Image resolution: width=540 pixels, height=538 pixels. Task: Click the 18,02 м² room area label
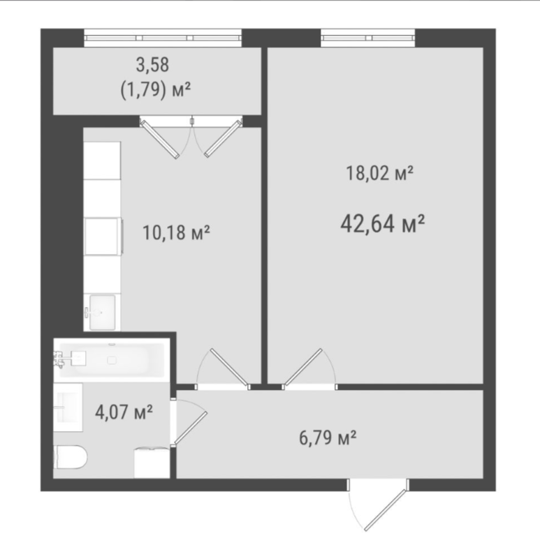click(x=379, y=172)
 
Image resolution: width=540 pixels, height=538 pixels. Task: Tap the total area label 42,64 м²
click(x=382, y=223)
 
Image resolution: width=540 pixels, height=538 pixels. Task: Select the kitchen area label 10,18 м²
click(x=176, y=232)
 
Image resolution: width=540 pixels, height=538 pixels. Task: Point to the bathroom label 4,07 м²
click(x=124, y=412)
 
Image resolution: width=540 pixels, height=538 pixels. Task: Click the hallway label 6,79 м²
click(x=328, y=438)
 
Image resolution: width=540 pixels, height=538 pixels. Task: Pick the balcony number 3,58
click(x=152, y=65)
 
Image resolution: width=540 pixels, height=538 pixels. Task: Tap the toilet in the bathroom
click(x=71, y=457)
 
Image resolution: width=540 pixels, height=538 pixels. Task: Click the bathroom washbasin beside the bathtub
click(x=68, y=408)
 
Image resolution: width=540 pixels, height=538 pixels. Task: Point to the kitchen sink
click(x=102, y=313)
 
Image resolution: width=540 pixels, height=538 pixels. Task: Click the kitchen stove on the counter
click(x=103, y=237)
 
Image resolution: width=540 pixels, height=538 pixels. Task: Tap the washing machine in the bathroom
click(x=152, y=463)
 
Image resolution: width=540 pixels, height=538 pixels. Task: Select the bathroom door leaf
click(x=191, y=428)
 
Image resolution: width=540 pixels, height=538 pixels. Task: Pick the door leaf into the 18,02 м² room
click(x=303, y=367)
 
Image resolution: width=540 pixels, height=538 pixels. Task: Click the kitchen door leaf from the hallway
click(x=229, y=367)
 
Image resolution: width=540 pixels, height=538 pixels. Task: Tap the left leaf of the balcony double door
click(x=160, y=140)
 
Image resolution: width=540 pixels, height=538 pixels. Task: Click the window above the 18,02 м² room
click(x=368, y=38)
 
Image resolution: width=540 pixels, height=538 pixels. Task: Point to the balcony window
click(x=163, y=38)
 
